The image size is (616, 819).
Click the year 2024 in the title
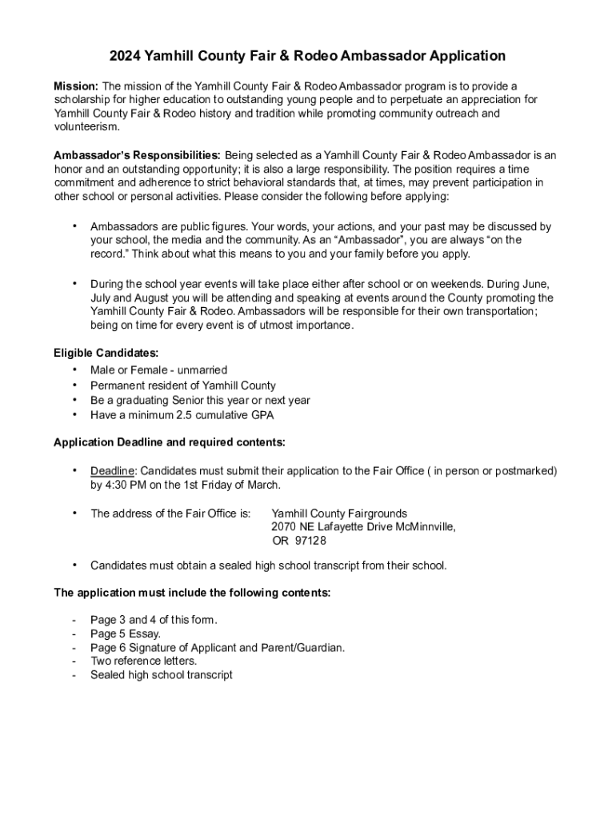pyautogui.click(x=126, y=56)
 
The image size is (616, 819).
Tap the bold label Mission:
pyautogui.click(x=76, y=86)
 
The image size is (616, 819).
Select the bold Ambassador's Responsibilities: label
pyautogui.click(x=137, y=155)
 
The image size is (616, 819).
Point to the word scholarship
pyautogui.click(x=83, y=100)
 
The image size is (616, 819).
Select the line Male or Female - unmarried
pyautogui.click(x=158, y=370)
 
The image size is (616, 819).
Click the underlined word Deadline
pyautogui.click(x=112, y=471)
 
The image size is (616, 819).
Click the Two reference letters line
pyautogui.click(x=143, y=661)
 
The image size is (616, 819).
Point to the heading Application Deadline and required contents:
pyautogui.click(x=169, y=442)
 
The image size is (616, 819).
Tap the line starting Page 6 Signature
pyautogui.click(x=218, y=648)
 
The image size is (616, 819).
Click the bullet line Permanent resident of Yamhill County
pyautogui.click(x=182, y=386)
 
